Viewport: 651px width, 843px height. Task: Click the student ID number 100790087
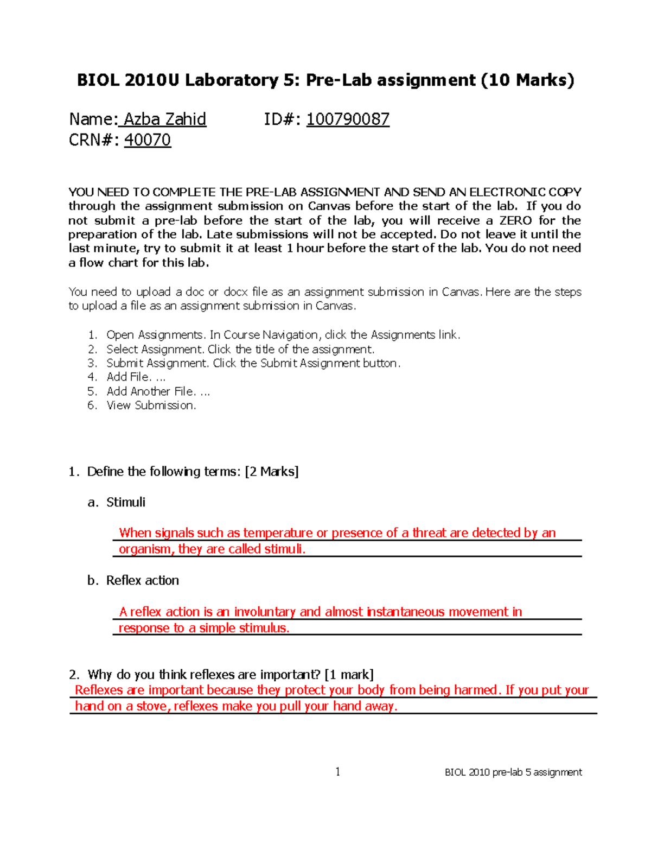[x=348, y=119]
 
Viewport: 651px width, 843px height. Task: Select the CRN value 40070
[x=148, y=140]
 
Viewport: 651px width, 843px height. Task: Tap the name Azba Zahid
[x=165, y=119]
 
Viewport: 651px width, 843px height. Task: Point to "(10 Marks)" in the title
[x=527, y=80]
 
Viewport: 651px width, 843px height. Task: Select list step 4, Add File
[x=136, y=377]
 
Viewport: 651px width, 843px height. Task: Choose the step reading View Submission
[x=151, y=405]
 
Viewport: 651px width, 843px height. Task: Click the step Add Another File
[x=158, y=391]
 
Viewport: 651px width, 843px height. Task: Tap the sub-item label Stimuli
[x=126, y=502]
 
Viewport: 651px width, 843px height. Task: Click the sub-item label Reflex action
[x=142, y=580]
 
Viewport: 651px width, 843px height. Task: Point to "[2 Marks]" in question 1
[x=272, y=472]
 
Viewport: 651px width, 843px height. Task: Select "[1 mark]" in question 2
[x=349, y=675]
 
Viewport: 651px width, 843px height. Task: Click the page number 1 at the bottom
[x=338, y=772]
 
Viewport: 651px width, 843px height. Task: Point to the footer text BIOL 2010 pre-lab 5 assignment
[x=513, y=772]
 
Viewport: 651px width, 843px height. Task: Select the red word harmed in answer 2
[x=476, y=690]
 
